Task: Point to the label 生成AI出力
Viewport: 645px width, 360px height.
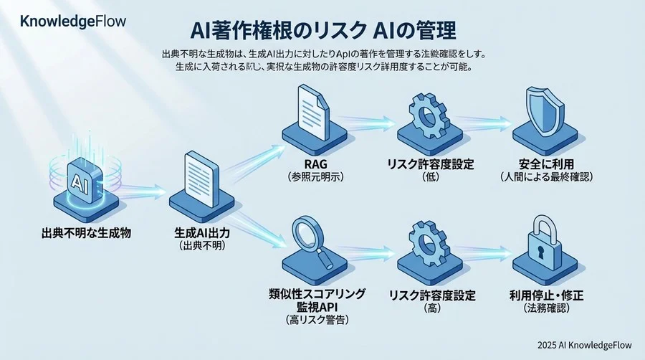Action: [x=204, y=233]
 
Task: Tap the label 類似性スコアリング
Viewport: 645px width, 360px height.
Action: [x=315, y=293]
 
